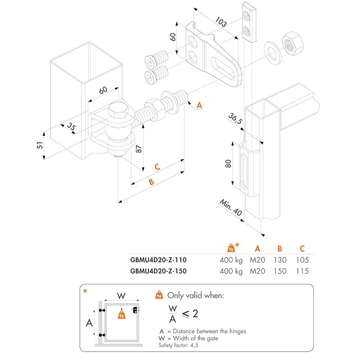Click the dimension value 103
pos(220,22)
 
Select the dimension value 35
pos(71,126)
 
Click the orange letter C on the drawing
pos(157,167)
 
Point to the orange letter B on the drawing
pos(151,183)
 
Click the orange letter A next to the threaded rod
pos(199,105)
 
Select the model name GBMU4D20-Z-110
pos(158,260)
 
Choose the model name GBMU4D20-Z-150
pos(158,271)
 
